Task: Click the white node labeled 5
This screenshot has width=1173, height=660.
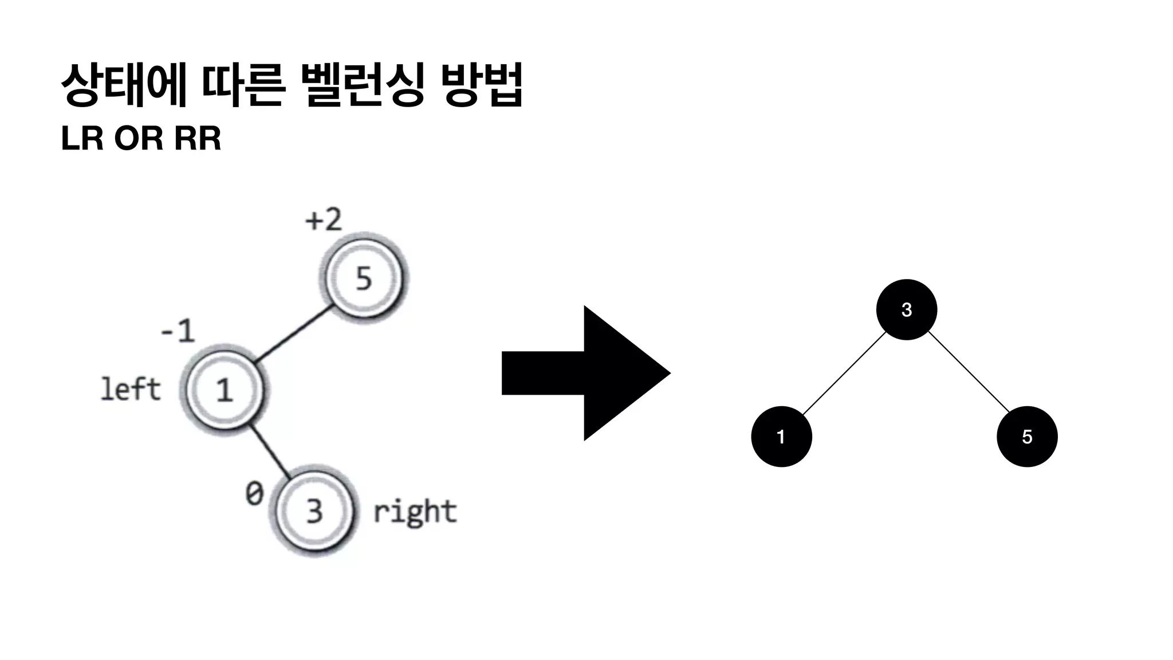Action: (363, 278)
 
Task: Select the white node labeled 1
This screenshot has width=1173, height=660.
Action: (224, 390)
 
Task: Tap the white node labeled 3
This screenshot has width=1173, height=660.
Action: (314, 510)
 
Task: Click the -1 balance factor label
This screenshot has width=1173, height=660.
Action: (178, 331)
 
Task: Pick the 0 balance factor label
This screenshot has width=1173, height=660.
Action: (254, 493)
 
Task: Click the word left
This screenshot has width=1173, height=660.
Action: (131, 390)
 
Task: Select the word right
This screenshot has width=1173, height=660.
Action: (415, 512)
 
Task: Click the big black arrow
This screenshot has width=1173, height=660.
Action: (584, 373)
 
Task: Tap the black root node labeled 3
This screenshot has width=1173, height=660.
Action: (906, 310)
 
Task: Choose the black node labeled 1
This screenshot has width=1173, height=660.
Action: (781, 437)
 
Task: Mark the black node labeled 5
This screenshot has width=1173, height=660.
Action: (1027, 437)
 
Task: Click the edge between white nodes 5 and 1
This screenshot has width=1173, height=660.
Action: (294, 335)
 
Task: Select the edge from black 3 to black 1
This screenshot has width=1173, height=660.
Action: (844, 374)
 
